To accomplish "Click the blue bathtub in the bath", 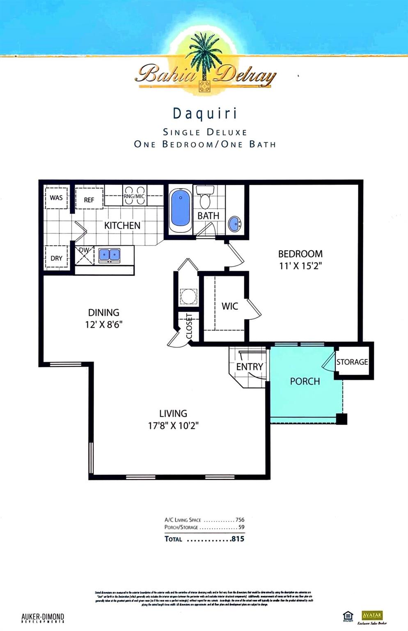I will pos(180,208).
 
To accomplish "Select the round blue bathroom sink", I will pos(235,224).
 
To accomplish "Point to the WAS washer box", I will pos(56,198).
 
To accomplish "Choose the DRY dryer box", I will pos(57,258).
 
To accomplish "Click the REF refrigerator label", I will pos(89,200).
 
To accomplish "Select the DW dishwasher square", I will pos(85,255).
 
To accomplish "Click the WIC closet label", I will pos(229,306).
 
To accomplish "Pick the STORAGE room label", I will pos(352,362).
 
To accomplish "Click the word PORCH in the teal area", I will pos(305,381).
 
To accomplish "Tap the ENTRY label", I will pos(250,367).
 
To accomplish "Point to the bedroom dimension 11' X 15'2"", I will pos(300,266).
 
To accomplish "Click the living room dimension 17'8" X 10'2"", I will pos(173,426).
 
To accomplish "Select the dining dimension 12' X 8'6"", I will pos(103,325).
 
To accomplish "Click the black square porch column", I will pos(342,419).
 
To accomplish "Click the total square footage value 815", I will pos(238,539).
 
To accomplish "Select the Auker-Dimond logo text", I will pos(43,618).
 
